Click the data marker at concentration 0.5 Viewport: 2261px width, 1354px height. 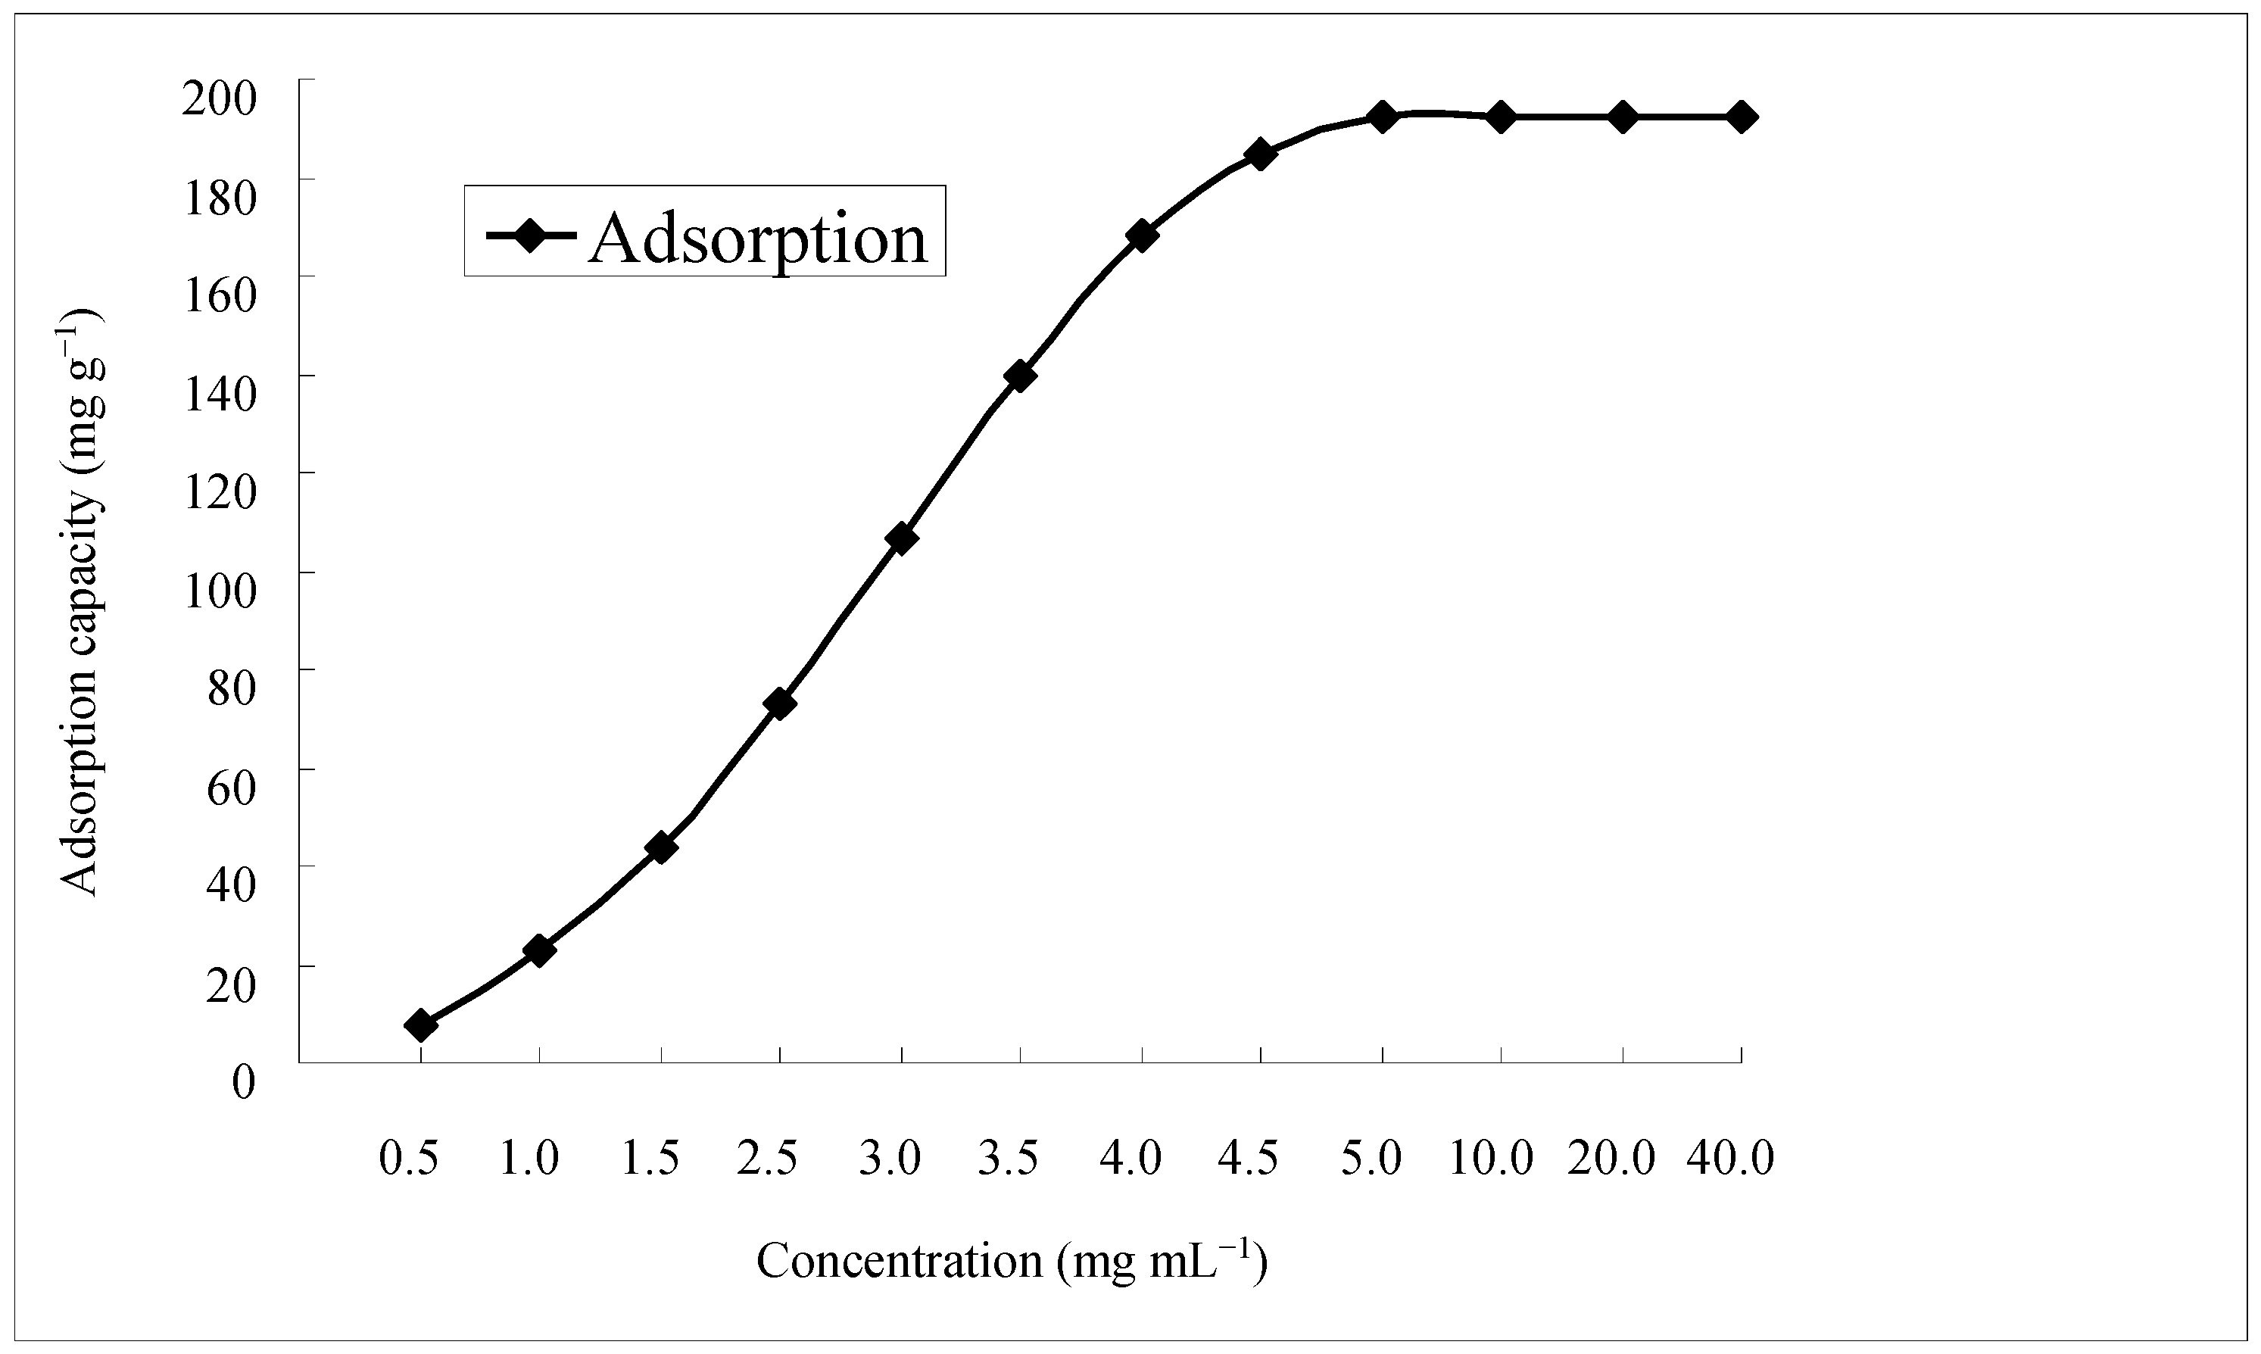(x=420, y=1025)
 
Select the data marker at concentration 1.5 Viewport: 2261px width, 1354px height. (x=660, y=847)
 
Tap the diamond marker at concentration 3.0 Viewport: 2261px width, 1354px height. (x=901, y=538)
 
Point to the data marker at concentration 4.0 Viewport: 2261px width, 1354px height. (x=1141, y=236)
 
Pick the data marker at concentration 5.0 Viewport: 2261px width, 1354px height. (x=1382, y=117)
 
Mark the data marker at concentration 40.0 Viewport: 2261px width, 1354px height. (x=1741, y=117)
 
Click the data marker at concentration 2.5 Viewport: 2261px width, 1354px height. (x=780, y=704)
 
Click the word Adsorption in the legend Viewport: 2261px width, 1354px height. (x=757, y=238)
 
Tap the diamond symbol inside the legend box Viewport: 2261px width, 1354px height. (x=529, y=235)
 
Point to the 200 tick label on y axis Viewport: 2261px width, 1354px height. (x=220, y=97)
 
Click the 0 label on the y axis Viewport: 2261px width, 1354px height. (x=244, y=1082)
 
